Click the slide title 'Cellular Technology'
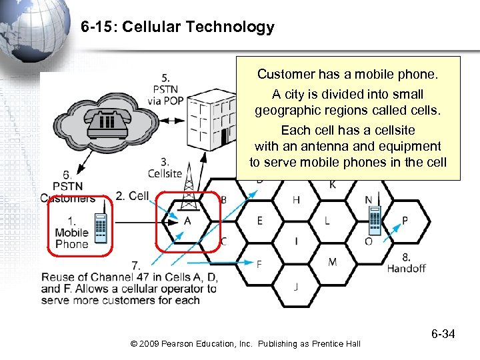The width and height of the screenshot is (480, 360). point(177,27)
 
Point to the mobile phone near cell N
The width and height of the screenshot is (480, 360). point(375,220)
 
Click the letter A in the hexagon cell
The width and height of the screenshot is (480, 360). point(187,221)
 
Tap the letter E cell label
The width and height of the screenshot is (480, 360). point(259,221)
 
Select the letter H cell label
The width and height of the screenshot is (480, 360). point(296,199)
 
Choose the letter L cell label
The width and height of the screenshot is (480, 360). point(327,221)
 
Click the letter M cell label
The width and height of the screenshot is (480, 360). point(332,262)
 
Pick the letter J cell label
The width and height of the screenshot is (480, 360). point(295,286)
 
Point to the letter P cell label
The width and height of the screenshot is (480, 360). point(405,221)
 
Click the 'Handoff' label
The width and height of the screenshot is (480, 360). point(406,268)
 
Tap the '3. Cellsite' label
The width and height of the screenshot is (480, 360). point(164,168)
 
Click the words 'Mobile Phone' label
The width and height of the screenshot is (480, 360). point(71,238)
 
